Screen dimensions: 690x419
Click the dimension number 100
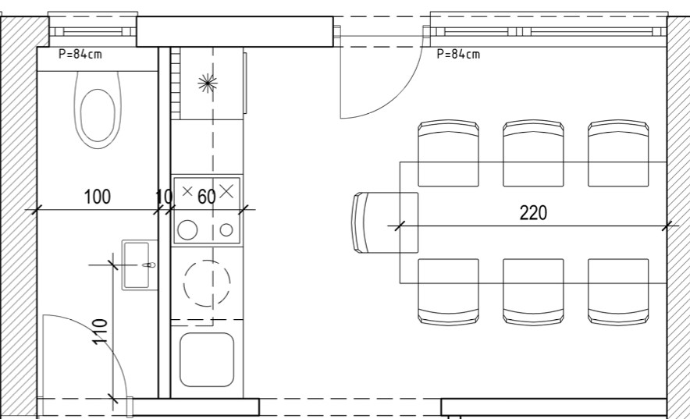coord(97,197)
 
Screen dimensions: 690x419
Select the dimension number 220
coord(533,213)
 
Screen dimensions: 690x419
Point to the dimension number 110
coord(101,332)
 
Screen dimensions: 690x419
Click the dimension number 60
coord(206,197)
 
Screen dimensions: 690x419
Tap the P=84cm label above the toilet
coord(80,54)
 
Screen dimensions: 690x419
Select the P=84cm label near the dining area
coord(458,54)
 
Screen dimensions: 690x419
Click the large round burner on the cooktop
coord(187,230)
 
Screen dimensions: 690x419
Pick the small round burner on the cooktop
coord(226,230)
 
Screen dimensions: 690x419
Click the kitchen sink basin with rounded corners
coord(206,360)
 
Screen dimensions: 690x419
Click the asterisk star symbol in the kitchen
coord(208,83)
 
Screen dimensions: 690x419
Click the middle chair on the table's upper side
coord(533,153)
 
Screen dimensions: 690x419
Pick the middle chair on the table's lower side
coord(533,292)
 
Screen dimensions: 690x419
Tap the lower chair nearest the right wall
coord(618,292)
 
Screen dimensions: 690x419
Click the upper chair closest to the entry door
coord(448,153)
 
